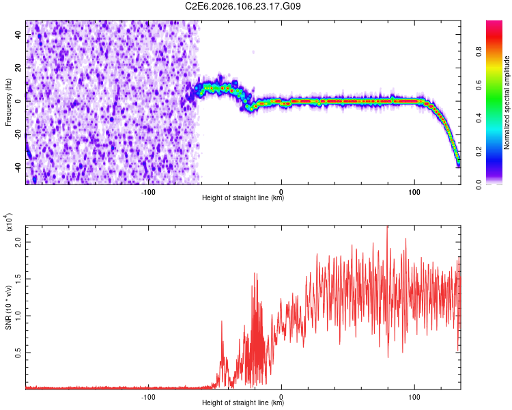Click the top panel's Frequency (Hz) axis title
[x=8, y=102]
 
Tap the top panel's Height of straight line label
[x=243, y=198]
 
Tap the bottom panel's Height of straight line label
[x=243, y=403]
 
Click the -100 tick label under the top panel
[x=148, y=192]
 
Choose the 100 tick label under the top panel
[x=414, y=192]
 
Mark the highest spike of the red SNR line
[x=388, y=226]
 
